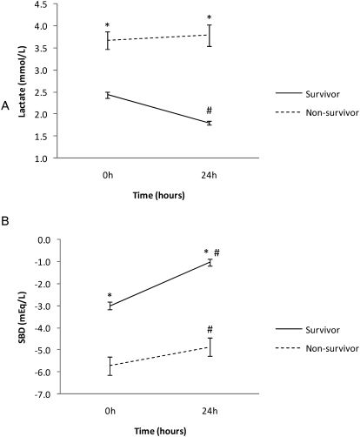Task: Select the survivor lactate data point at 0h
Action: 108,94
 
